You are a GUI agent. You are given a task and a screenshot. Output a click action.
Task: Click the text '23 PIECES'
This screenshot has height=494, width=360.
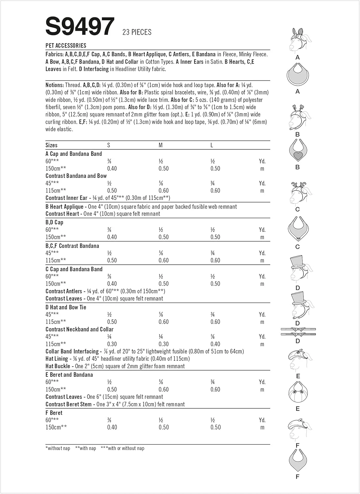(137, 32)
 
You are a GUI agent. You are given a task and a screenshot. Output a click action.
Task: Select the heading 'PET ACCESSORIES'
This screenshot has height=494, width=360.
(66, 46)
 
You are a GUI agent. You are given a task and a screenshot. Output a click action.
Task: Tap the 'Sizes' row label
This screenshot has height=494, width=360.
(51, 145)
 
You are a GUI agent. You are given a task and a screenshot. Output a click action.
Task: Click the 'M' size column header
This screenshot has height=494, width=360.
(161, 145)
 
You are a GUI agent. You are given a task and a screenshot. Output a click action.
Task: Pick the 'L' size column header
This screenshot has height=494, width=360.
(212, 145)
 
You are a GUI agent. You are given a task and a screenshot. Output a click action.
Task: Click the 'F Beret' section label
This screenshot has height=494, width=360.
(54, 413)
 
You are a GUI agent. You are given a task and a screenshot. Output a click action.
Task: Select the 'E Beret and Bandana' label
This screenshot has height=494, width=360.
(69, 375)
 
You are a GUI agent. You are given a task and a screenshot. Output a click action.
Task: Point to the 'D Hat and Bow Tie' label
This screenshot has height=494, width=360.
(66, 307)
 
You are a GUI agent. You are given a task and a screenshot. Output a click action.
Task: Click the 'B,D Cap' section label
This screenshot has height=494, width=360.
(54, 222)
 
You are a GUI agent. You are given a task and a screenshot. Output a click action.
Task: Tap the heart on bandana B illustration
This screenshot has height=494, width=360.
(298, 155)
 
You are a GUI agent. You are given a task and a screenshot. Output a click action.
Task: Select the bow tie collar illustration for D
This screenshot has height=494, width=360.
(298, 332)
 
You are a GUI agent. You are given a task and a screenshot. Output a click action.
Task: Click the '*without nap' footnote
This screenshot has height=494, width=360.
(58, 448)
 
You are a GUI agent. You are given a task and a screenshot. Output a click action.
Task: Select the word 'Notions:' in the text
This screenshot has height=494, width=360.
(55, 85)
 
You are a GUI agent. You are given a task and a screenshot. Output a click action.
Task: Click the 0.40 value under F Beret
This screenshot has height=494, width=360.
(112, 427)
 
